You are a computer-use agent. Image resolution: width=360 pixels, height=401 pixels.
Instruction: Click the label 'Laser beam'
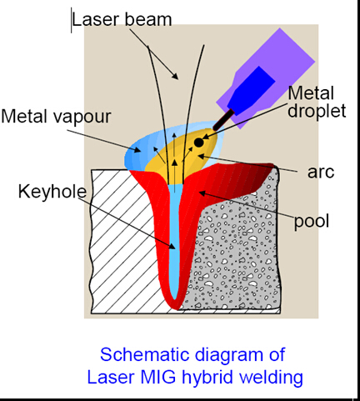122,19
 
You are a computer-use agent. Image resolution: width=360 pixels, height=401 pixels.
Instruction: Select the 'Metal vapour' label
56,117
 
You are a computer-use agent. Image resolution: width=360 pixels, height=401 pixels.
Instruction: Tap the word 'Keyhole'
52,192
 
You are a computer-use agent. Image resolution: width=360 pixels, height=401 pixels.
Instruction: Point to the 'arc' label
321,173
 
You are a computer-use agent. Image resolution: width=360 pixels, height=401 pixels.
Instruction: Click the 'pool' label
312,222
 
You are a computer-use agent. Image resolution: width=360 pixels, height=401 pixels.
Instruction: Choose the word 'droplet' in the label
317,111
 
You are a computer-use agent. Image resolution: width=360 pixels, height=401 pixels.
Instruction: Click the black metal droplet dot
199,143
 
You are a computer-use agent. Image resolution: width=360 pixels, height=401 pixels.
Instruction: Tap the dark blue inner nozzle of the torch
252,90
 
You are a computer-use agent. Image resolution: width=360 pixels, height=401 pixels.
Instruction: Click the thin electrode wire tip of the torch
223,120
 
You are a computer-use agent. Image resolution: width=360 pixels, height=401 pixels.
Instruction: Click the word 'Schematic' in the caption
145,354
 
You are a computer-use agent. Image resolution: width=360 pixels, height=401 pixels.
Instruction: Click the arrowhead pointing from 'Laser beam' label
175,76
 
